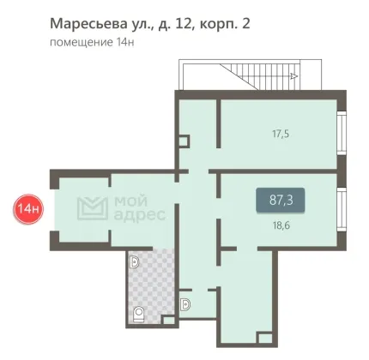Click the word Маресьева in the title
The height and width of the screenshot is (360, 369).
coord(88,23)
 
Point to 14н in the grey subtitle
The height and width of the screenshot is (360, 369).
coord(125,42)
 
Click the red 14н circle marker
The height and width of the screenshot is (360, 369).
coord(27,209)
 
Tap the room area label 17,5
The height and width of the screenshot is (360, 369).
coord(281,134)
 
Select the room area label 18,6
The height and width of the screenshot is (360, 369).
coord(281,225)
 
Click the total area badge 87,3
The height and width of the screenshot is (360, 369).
coord(281,201)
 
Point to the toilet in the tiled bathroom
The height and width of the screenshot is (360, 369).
coord(139,315)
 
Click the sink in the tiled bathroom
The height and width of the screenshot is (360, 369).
coord(135,261)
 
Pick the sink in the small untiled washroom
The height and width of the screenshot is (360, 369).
coord(185,304)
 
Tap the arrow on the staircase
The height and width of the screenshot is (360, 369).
coord(293,76)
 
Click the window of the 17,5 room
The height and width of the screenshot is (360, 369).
coord(342,133)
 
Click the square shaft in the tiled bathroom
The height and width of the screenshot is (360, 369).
coord(168,320)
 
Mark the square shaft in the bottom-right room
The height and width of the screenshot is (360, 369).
coord(265,339)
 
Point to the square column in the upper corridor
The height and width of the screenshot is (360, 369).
coord(184,141)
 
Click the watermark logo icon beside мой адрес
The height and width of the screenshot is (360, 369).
coord(93,208)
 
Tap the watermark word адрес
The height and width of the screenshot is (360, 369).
coord(140,216)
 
